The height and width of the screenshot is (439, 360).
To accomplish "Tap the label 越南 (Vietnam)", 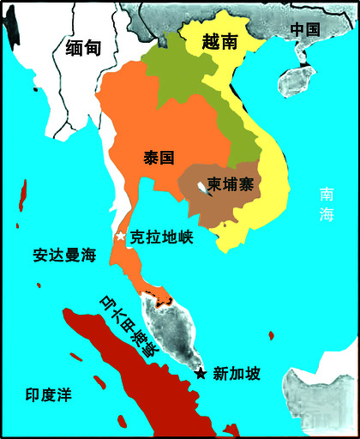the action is [220, 41].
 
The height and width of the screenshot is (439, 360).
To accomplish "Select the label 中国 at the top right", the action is [304, 29].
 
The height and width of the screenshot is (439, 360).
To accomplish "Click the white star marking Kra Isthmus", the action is [121, 235].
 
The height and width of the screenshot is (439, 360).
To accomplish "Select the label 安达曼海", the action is [64, 255].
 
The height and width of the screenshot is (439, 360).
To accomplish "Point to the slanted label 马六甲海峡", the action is [130, 324].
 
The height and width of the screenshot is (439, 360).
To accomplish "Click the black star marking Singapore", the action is [200, 373].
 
